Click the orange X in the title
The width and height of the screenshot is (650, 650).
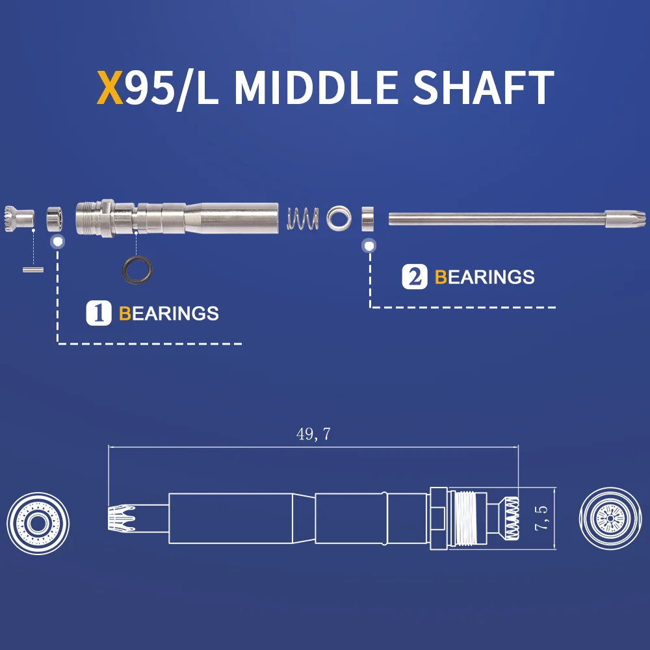(110, 89)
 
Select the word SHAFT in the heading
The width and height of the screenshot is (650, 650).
(485, 89)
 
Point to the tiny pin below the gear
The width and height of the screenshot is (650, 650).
(32, 268)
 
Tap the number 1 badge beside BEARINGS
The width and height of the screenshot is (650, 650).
(99, 313)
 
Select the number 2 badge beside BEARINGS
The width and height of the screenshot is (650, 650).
(415, 277)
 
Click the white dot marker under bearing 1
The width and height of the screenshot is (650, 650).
(57, 242)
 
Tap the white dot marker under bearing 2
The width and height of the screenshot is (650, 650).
(369, 246)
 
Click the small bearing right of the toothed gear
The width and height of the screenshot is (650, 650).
(55, 218)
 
